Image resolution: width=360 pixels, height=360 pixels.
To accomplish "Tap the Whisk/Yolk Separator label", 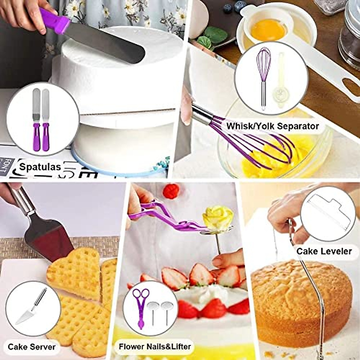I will [272, 126].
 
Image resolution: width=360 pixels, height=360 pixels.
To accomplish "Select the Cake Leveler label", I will [324, 251].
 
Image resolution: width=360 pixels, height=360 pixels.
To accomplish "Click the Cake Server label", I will [31, 347].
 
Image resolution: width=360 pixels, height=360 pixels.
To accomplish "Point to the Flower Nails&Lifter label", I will [155, 346].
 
